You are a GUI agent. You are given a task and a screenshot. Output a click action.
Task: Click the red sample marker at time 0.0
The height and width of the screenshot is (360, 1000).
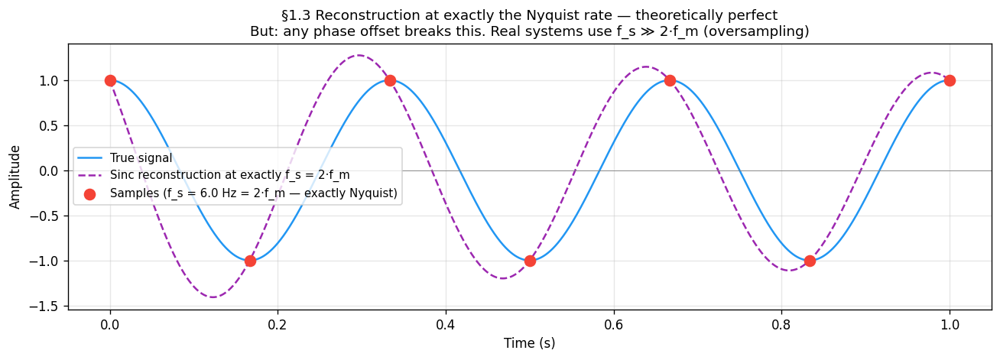(x=110, y=80)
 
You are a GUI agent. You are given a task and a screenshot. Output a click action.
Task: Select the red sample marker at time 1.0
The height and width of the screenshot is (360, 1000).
(x=950, y=80)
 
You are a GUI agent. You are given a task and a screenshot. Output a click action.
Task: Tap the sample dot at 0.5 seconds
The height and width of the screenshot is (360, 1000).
(x=530, y=261)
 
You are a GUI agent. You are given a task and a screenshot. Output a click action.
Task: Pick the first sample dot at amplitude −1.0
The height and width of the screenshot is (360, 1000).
(x=250, y=261)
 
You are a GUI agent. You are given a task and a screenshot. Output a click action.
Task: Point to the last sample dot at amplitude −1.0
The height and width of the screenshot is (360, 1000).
(x=810, y=261)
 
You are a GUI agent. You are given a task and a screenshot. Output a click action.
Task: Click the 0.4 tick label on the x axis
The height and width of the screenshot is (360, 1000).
(x=446, y=323)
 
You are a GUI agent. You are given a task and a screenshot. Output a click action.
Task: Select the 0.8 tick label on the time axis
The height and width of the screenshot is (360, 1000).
(x=781, y=323)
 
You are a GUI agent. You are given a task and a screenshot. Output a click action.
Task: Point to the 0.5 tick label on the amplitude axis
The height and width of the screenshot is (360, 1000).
(x=52, y=125)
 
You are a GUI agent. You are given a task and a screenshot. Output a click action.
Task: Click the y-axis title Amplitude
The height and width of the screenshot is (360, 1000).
(x=15, y=177)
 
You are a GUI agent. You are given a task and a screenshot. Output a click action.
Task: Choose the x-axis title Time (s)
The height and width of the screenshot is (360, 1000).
(x=529, y=343)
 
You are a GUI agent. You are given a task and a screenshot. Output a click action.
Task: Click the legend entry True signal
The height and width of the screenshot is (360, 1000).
(x=141, y=158)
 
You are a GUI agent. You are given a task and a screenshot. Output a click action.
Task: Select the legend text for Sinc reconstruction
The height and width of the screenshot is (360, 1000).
(x=229, y=176)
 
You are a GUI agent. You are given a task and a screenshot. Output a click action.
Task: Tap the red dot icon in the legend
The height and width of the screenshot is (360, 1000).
(x=90, y=194)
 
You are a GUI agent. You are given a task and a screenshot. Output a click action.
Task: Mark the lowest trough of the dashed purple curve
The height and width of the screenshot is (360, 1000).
(x=213, y=297)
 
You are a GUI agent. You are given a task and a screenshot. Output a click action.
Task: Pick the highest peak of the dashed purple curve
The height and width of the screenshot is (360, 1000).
(x=359, y=55)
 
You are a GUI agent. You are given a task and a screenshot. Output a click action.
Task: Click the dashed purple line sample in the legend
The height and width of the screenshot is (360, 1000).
(x=90, y=176)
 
